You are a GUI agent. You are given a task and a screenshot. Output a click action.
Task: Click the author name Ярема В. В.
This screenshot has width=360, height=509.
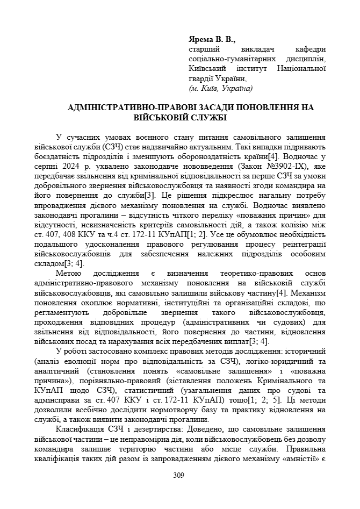click(212, 40)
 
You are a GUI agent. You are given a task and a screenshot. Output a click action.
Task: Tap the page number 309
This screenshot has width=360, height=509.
click(179, 475)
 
